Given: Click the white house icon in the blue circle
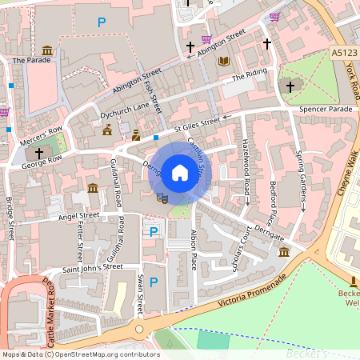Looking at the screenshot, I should tap(179, 173).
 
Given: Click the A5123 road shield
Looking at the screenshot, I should tap(341, 53).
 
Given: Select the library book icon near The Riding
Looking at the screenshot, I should tap(224, 61).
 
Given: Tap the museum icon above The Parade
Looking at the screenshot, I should tap(47, 51).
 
